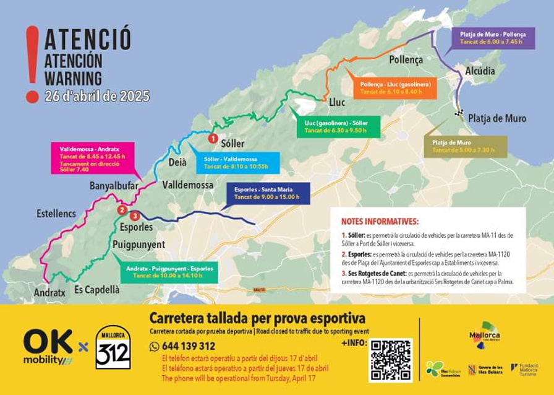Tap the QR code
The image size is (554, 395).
[390, 359]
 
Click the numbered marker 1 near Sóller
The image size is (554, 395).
[213, 139]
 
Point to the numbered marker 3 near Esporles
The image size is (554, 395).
[135, 215]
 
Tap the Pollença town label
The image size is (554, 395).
[406, 60]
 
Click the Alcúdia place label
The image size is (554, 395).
[480, 71]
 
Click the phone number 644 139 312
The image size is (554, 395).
[189, 346]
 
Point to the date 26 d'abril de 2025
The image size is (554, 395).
[97, 97]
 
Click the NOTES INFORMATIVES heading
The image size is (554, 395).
[380, 221]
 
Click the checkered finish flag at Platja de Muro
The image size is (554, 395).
[458, 113]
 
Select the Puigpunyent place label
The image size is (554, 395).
[138, 245]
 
